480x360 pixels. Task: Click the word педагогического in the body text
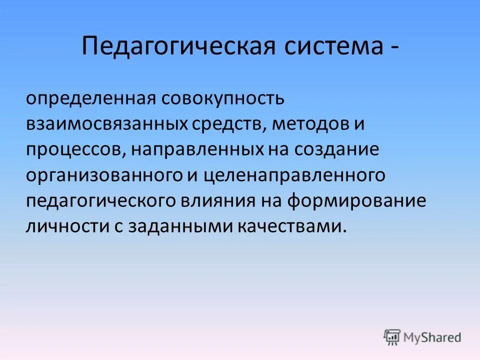pos(108,201)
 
